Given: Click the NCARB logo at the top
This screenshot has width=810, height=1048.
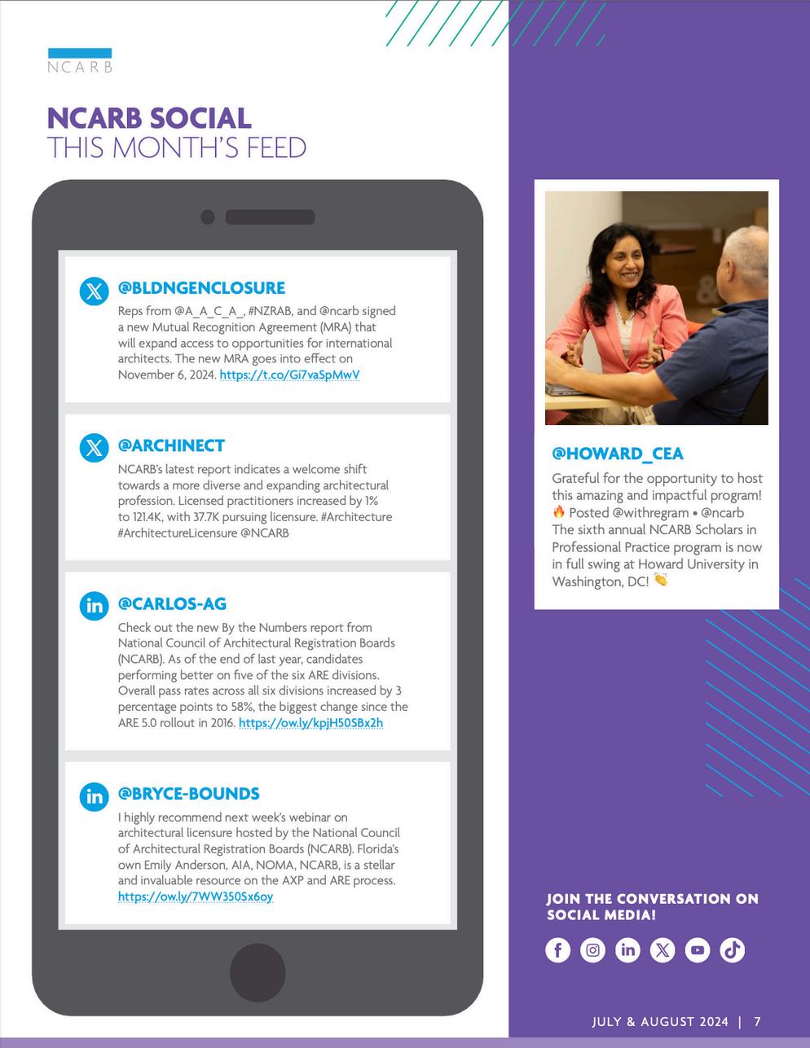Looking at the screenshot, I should tap(80, 61).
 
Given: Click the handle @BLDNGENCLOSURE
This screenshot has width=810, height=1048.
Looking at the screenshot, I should tap(201, 287).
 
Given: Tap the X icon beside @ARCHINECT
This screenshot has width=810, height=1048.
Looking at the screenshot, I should tap(95, 447).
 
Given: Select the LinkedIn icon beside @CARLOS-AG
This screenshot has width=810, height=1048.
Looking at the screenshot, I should tap(95, 606).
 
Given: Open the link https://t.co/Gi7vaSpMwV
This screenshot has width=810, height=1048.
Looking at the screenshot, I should tap(289, 375).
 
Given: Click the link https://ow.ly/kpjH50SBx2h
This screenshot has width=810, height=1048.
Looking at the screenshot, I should tap(310, 722).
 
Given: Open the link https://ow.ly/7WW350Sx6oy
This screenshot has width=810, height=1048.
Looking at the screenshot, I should tap(196, 897).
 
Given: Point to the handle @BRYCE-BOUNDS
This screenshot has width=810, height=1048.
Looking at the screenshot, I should tap(189, 793).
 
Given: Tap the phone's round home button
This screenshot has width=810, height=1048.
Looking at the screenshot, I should tap(258, 971).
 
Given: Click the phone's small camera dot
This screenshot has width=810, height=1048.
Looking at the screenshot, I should tap(208, 217).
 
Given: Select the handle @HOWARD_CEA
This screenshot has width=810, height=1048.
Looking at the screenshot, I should tap(618, 454).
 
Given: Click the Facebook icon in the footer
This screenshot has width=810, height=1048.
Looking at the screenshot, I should tap(557, 949).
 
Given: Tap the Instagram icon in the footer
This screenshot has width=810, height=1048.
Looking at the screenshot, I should tap(592, 949).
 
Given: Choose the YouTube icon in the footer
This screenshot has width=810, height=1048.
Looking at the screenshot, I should tap(698, 949).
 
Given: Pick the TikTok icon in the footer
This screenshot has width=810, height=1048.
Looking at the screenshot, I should tap(733, 949).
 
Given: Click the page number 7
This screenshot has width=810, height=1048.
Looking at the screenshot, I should tap(758, 1022).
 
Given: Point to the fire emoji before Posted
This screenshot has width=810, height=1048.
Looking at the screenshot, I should tap(558, 512).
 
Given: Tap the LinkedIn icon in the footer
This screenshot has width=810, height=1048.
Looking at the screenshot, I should tap(627, 949).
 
